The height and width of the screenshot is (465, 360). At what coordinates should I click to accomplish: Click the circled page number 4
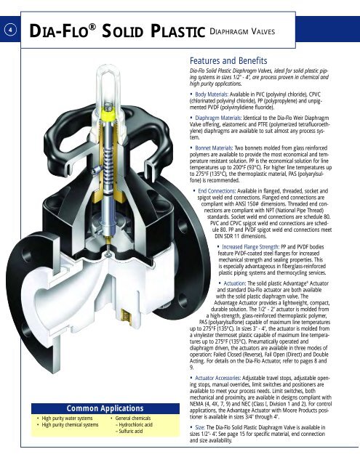coord(7,30)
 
